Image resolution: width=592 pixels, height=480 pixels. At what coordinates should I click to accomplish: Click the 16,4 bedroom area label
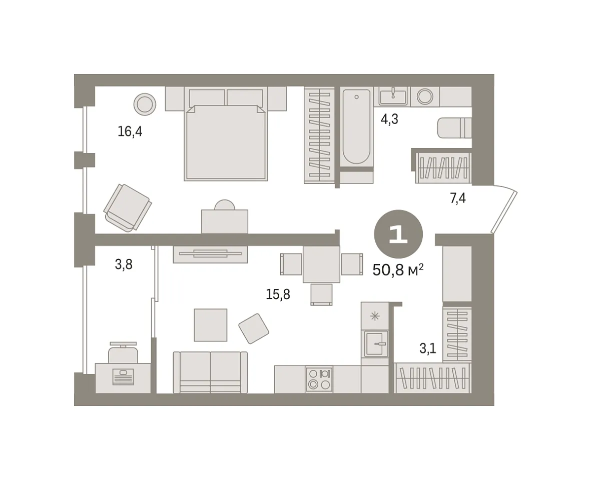tap(130, 131)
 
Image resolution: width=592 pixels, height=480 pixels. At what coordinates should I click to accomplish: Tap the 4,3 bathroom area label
tap(389, 119)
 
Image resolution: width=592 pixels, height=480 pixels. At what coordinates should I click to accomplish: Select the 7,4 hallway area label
tap(457, 198)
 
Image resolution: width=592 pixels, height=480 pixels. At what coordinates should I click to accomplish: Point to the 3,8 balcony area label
tap(124, 264)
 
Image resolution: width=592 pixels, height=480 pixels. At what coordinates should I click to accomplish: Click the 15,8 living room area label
tap(278, 294)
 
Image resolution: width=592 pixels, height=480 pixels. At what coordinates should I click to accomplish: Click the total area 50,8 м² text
tap(398, 270)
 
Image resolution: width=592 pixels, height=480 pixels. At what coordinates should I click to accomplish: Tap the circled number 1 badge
tap(398, 234)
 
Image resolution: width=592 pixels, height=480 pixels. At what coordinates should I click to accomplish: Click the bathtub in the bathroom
tap(356, 126)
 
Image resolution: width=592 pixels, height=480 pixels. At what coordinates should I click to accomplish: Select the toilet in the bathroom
tap(454, 127)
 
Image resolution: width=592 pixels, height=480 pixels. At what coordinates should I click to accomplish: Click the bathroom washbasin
tap(393, 96)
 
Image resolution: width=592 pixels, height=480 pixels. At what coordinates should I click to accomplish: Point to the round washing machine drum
tap(425, 96)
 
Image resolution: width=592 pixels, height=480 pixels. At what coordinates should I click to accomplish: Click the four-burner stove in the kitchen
tap(319, 379)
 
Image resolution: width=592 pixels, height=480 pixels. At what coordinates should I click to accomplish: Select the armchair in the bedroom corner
tap(128, 207)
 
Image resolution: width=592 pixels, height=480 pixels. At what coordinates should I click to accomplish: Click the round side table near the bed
tap(145, 104)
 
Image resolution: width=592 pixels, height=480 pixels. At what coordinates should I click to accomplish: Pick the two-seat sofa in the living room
tap(210, 372)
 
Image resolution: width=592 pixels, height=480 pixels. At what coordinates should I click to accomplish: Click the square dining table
tap(321, 264)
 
